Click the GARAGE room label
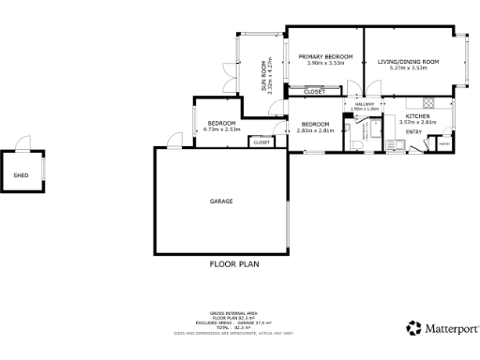tap(221, 201)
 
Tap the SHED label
tap(21, 174)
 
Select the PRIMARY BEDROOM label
tap(325, 58)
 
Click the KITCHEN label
tap(417, 115)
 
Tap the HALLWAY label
tap(365, 103)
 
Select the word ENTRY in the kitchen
tap(413, 132)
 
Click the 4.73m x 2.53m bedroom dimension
tap(223, 130)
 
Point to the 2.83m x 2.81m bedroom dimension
tap(315, 130)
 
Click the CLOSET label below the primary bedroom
tap(315, 92)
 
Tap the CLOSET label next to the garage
tap(262, 142)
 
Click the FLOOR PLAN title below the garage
tap(234, 264)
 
